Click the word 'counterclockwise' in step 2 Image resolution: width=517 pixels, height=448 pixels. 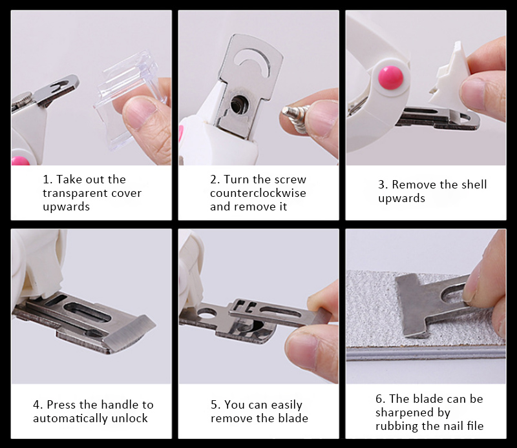(258, 193)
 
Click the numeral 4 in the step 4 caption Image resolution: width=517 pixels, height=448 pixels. (36, 405)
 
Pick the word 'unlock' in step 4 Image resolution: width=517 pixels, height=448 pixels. (130, 418)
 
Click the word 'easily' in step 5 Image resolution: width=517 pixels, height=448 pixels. (286, 405)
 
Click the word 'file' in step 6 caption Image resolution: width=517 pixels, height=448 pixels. (475, 426)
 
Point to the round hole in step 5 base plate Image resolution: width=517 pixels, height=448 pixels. (206, 312)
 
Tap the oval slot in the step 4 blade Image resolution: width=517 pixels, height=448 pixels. (87, 312)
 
